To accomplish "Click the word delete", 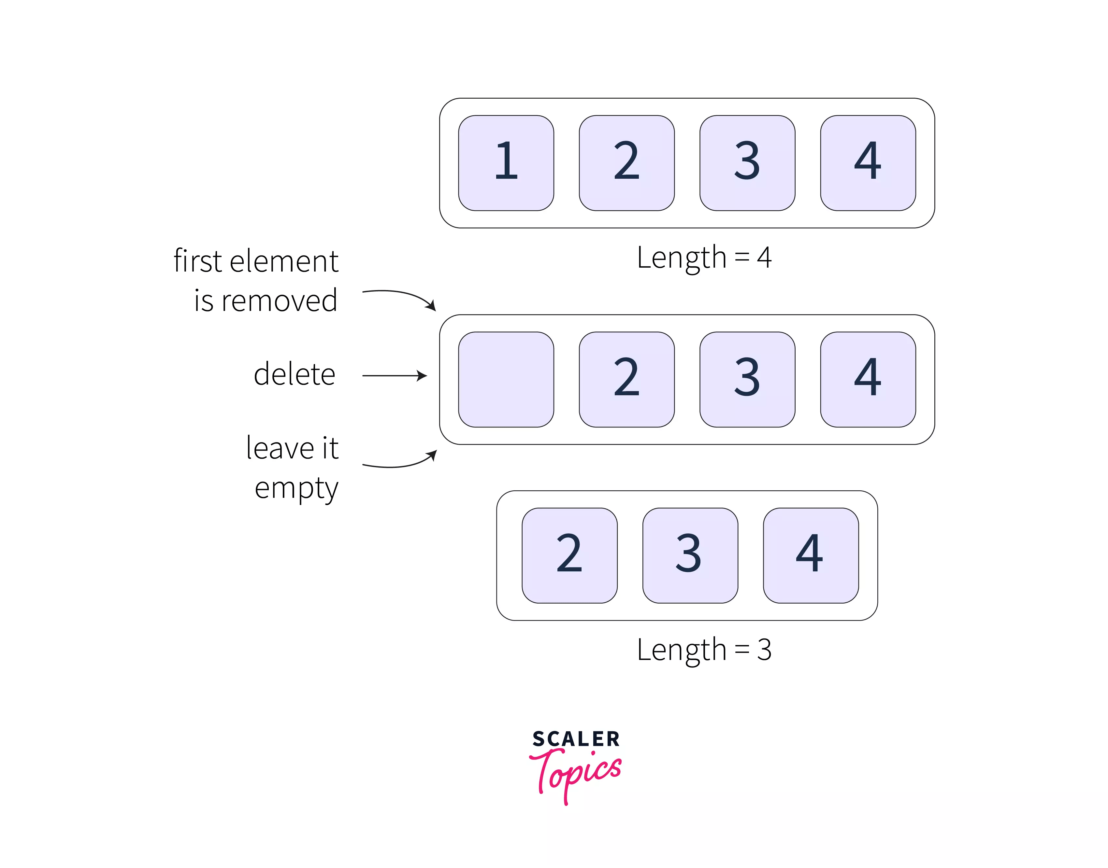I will coord(295,374).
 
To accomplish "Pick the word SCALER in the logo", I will coord(576,739).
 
